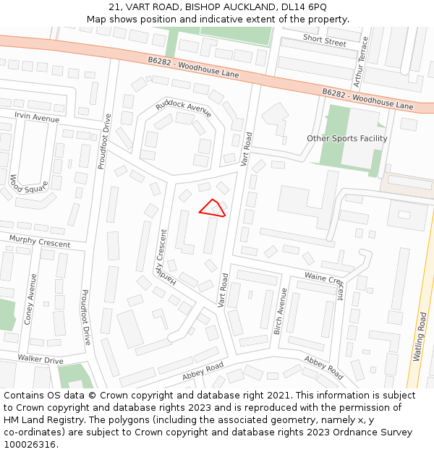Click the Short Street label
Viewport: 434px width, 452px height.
pyautogui.click(x=325, y=41)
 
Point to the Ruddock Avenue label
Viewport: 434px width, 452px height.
pyautogui.click(x=184, y=109)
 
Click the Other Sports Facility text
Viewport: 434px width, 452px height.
pyautogui.click(x=346, y=138)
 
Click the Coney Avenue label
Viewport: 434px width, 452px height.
pyautogui.click(x=31, y=298)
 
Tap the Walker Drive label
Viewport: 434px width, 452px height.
pyautogui.click(x=41, y=359)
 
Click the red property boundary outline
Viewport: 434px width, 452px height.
pyautogui.click(x=213, y=208)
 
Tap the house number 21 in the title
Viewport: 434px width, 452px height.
pyautogui.click(x=114, y=7)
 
